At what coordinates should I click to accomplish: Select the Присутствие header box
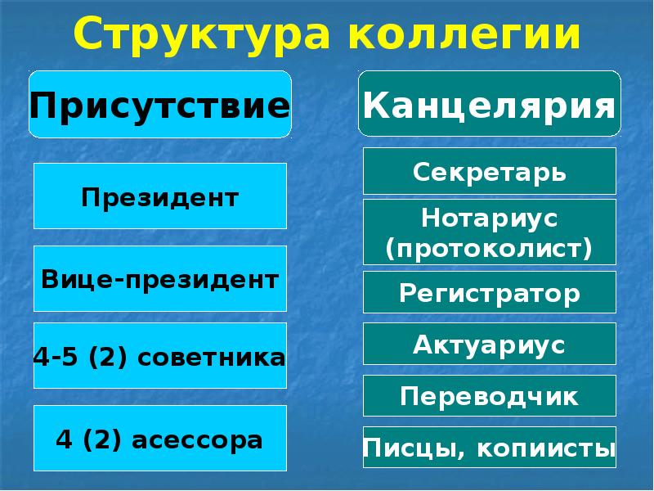tap(160, 105)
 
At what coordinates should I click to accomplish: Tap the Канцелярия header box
tap(489, 105)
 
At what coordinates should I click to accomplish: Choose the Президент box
tap(160, 196)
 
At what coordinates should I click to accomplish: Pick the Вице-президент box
tap(160, 278)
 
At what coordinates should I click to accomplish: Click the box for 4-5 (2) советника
tap(160, 356)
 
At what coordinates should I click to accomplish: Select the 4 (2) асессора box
tap(160, 439)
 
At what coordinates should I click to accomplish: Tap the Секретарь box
tap(489, 172)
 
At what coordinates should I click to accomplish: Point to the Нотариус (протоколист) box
tap(489, 232)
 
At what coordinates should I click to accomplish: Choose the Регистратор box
tap(489, 293)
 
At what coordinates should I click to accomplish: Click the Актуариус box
tap(489, 345)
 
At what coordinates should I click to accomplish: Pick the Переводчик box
tap(489, 396)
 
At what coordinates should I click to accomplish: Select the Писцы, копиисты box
tap(489, 448)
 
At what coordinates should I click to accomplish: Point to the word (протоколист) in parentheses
tap(489, 246)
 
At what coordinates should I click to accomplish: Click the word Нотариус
tap(489, 218)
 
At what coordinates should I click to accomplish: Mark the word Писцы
tap(401, 448)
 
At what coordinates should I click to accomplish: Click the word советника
tap(213, 357)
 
